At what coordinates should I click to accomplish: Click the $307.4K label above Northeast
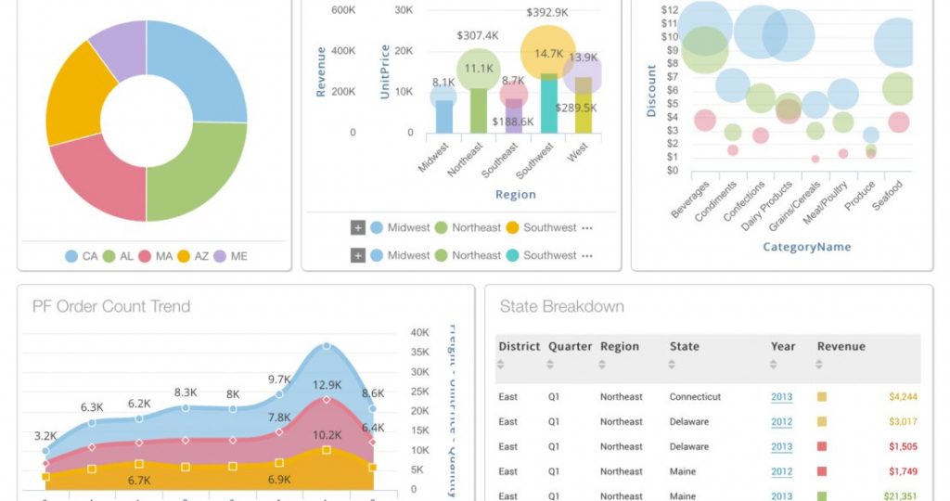(479, 35)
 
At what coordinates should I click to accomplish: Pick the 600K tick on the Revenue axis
(343, 10)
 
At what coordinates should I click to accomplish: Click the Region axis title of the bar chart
(515, 195)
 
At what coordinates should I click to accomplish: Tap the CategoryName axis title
(806, 247)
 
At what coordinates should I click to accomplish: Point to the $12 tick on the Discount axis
(670, 10)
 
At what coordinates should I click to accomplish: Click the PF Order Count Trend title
(111, 307)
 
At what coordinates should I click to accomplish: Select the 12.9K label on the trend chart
(327, 385)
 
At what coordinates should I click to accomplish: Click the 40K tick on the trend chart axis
(419, 333)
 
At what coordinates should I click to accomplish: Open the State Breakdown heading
(561, 307)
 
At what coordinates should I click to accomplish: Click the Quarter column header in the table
(570, 346)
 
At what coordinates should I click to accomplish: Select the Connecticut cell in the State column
(695, 397)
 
